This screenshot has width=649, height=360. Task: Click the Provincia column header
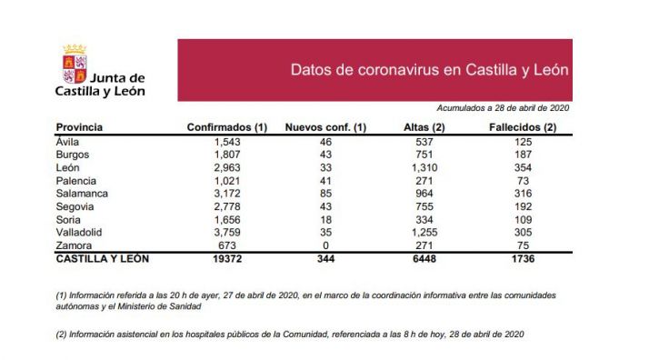(79, 127)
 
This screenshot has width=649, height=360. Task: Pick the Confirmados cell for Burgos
(225, 155)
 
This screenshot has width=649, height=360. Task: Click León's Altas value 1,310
(422, 168)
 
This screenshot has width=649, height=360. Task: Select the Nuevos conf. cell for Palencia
(325, 181)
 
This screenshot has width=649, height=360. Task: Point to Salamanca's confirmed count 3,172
(225, 194)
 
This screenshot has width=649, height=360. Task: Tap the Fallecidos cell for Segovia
(521, 206)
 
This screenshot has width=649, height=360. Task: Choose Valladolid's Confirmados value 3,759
(225, 232)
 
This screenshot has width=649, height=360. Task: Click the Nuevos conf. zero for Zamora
(325, 245)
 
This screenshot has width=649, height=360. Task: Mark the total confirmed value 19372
(225, 258)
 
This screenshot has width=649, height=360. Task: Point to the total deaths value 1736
(521, 258)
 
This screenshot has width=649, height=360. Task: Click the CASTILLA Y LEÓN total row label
(102, 258)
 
